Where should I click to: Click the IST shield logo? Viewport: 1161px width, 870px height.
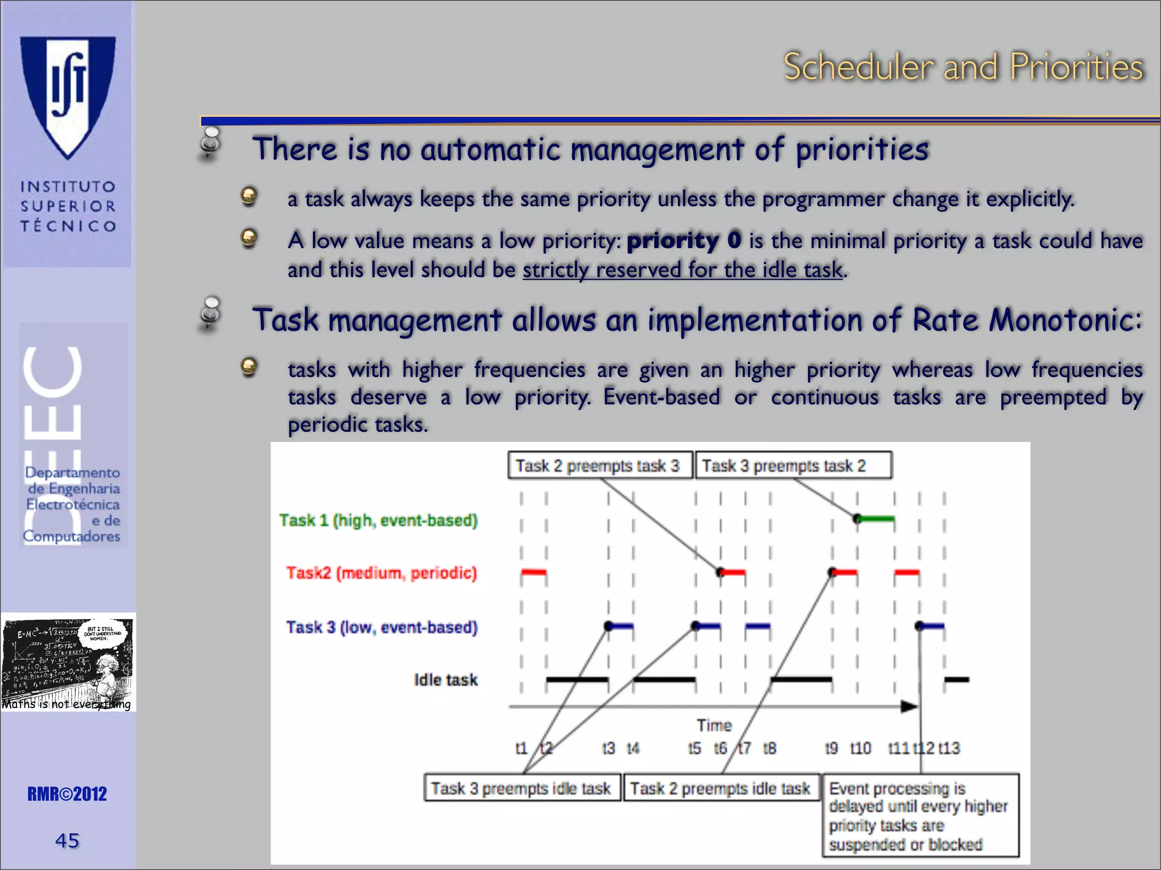click(68, 96)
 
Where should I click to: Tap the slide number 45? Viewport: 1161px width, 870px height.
click(67, 841)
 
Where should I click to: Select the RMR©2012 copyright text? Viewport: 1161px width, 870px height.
click(67, 794)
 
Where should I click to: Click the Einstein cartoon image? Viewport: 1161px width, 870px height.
click(68, 662)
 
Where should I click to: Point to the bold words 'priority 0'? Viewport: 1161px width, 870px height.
click(684, 241)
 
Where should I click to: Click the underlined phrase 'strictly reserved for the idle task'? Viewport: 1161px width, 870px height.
click(683, 270)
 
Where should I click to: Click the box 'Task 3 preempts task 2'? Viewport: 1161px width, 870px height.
click(793, 466)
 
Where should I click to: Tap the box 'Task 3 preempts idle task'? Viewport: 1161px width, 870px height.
click(522, 788)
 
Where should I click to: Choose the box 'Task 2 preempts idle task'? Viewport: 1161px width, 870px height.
click(721, 788)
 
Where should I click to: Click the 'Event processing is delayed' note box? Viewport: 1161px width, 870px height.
click(920, 816)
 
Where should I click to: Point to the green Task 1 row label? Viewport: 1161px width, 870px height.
click(378, 520)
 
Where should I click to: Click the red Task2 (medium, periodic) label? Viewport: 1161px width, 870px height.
click(381, 573)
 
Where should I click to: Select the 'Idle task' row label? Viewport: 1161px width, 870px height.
click(446, 680)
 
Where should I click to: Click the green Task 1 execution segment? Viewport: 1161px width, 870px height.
click(876, 518)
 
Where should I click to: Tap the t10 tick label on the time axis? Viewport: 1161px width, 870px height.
click(861, 748)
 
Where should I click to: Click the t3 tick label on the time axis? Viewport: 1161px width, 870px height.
click(608, 748)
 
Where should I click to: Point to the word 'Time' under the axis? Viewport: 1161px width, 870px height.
click(714, 726)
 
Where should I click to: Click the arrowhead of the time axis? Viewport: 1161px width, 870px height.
click(909, 706)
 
